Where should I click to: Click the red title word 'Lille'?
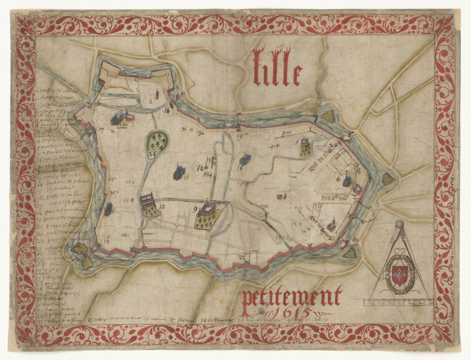click(278, 68)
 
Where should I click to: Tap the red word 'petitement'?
click(292, 296)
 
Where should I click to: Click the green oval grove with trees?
click(157, 141)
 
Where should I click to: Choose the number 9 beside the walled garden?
click(195, 209)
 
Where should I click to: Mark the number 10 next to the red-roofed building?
click(162, 207)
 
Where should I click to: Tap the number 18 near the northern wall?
click(167, 111)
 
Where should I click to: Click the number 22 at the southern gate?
click(241, 257)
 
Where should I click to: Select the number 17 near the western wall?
click(101, 129)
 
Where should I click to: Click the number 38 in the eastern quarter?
click(279, 197)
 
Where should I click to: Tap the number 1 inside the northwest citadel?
click(151, 99)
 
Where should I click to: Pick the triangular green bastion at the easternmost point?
click(387, 179)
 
